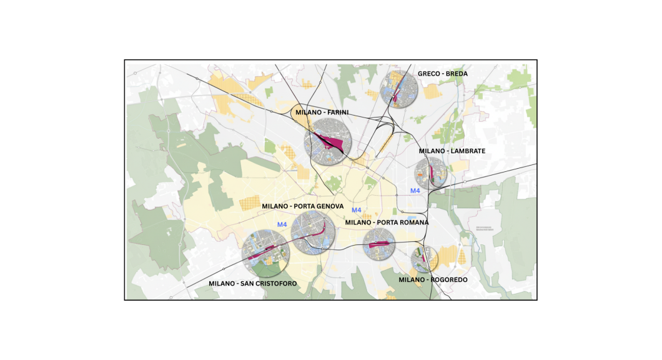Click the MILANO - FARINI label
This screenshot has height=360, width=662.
322,112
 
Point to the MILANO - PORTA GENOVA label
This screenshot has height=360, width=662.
302,206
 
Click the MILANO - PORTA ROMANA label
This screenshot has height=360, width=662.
387,222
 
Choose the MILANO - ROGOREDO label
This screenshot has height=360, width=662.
433,280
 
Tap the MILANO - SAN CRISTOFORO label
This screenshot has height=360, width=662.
253,284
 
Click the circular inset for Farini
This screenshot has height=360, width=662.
327,143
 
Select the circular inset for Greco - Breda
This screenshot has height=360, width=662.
399,89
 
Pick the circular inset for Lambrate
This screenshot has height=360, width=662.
431,172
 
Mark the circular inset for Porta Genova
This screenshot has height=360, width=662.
313,232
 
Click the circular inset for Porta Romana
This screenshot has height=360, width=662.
379,244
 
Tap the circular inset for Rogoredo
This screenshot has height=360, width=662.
424,259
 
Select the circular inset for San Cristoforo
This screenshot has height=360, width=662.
266,254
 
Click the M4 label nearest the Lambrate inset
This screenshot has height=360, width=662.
415,191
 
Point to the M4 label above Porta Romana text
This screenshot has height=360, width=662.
357,210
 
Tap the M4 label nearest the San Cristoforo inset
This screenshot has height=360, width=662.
282,224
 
